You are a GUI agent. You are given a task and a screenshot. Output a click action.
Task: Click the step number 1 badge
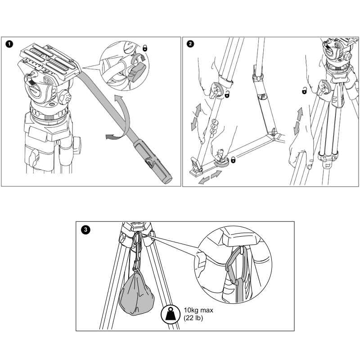[x=9, y=44]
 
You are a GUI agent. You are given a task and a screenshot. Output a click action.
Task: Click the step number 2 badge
[x=190, y=44]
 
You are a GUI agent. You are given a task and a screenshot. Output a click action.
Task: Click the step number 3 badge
[x=85, y=229]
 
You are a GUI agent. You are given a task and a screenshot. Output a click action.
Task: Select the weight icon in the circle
[x=171, y=315]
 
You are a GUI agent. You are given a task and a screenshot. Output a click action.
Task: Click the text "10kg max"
[x=198, y=310]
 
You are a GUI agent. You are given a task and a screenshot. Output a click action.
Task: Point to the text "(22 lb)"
[x=193, y=318]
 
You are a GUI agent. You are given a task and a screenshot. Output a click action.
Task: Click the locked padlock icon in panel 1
[x=145, y=48]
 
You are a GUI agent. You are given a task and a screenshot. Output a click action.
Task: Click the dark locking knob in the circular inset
[x=137, y=72]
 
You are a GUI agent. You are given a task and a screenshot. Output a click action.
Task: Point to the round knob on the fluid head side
[x=65, y=98]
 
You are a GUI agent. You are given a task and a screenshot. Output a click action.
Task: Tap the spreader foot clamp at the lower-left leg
[x=196, y=167]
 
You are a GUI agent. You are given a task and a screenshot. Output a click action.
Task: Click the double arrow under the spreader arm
[x=210, y=177]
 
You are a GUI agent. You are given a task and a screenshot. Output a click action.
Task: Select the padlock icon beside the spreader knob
[x=233, y=159]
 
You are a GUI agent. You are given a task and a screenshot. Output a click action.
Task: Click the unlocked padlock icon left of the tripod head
[x=305, y=90]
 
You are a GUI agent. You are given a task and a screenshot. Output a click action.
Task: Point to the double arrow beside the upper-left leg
[x=196, y=117]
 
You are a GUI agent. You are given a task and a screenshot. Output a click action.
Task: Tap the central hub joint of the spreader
[x=274, y=135]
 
